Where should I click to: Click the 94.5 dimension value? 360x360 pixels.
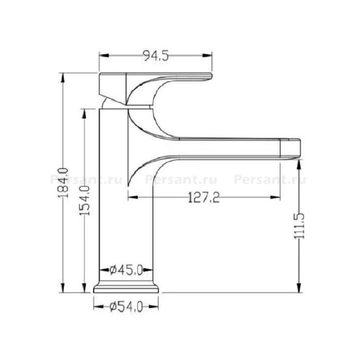156,56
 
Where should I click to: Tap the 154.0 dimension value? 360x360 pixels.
84,201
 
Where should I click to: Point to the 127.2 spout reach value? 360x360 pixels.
204,197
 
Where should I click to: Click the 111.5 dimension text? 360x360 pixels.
299,226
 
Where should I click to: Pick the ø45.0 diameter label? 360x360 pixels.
127,270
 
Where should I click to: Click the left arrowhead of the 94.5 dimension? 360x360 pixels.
104,56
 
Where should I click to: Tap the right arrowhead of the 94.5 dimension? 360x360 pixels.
207,56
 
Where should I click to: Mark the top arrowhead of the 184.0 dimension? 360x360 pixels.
63,78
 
